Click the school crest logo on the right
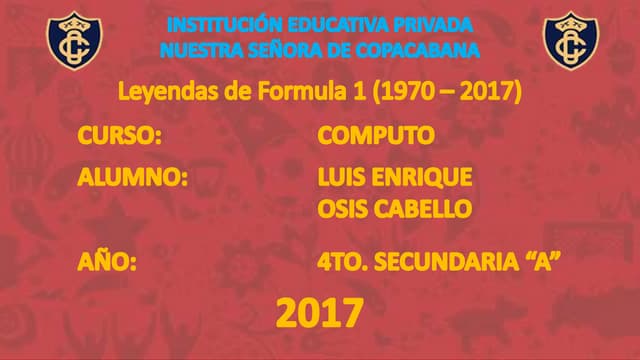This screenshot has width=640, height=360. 570,39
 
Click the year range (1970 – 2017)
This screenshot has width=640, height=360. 446,93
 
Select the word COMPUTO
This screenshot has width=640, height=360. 375,135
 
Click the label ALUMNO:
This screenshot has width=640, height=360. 133,177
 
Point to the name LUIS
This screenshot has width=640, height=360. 341,177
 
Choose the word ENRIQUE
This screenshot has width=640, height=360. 421,177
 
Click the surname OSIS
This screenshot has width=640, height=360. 342,209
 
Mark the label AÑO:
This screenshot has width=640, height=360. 105,263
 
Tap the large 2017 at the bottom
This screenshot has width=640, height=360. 319,314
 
